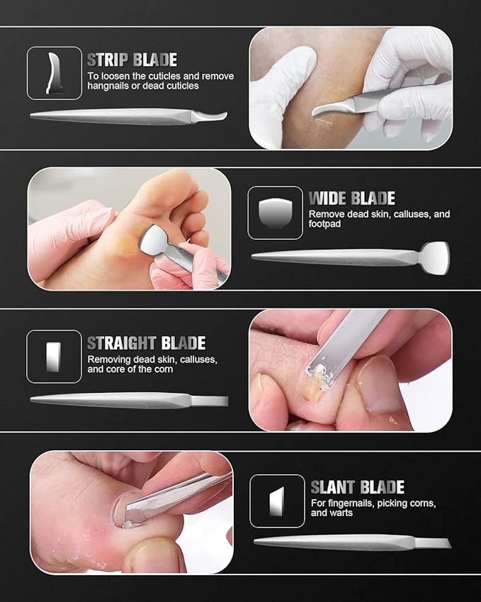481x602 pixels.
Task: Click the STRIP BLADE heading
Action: click(132, 60)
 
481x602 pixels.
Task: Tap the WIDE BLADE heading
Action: click(351, 198)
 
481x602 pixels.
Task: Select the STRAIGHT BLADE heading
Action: click(146, 344)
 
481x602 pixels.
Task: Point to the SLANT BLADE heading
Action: click(357, 487)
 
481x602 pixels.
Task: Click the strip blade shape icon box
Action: click(54, 73)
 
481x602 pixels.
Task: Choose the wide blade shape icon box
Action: click(275, 212)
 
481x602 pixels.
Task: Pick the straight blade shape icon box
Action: click(54, 357)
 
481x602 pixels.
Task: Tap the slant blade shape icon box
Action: click(277, 501)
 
